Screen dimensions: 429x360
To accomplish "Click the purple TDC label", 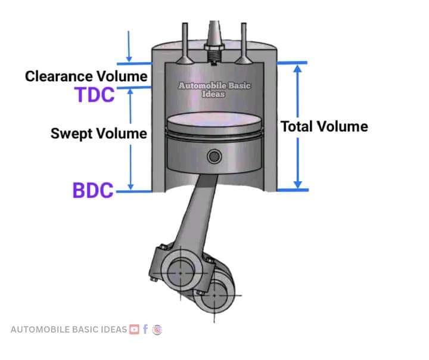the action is coord(95,95).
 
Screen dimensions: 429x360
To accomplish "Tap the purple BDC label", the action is coord(93,190).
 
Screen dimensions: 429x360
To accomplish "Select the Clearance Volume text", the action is coord(86,76).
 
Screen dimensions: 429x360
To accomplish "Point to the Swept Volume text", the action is coord(99,134).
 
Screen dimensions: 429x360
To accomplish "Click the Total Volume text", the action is coord(325,126).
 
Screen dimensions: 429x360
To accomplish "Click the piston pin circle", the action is coord(214,157).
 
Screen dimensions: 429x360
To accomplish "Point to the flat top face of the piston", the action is coord(214,120).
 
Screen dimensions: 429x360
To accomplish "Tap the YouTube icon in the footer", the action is coord(134,329).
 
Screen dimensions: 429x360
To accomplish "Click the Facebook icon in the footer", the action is coord(145,329).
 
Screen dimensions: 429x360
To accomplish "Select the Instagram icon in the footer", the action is coord(157,330).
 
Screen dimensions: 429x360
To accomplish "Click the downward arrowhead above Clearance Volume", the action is coord(129,59).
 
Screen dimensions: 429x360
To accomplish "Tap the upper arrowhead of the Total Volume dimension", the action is coord(298,69).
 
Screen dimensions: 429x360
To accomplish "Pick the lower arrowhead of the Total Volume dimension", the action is coord(298,185).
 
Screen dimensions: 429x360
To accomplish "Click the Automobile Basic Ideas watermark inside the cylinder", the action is coord(214,90).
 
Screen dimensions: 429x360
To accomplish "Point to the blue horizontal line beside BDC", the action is coord(134,192).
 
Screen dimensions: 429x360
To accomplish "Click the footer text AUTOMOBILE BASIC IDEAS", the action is coord(69,330).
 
